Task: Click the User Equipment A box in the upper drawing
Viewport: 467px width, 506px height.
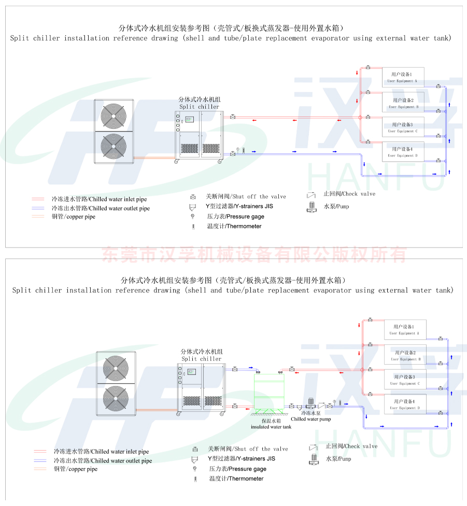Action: coord(403,78)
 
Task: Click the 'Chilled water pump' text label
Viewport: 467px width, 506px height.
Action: coord(310,419)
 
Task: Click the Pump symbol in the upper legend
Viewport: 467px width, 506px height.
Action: coord(311,207)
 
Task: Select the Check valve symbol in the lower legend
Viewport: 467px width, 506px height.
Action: coord(314,446)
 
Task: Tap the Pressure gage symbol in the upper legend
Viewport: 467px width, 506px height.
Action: coord(193,216)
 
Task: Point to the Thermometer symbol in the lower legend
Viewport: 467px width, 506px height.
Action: coord(195,479)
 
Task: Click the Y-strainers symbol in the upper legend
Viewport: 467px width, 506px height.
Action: coord(193,206)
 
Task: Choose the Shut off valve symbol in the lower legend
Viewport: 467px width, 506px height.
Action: coord(195,449)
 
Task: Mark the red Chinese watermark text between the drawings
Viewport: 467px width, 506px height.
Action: coord(254,255)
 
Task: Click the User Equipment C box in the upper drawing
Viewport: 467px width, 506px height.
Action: coord(403,127)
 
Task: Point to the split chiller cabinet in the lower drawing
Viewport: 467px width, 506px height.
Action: coord(201,388)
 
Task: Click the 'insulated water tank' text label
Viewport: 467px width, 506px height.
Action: coord(271,427)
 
